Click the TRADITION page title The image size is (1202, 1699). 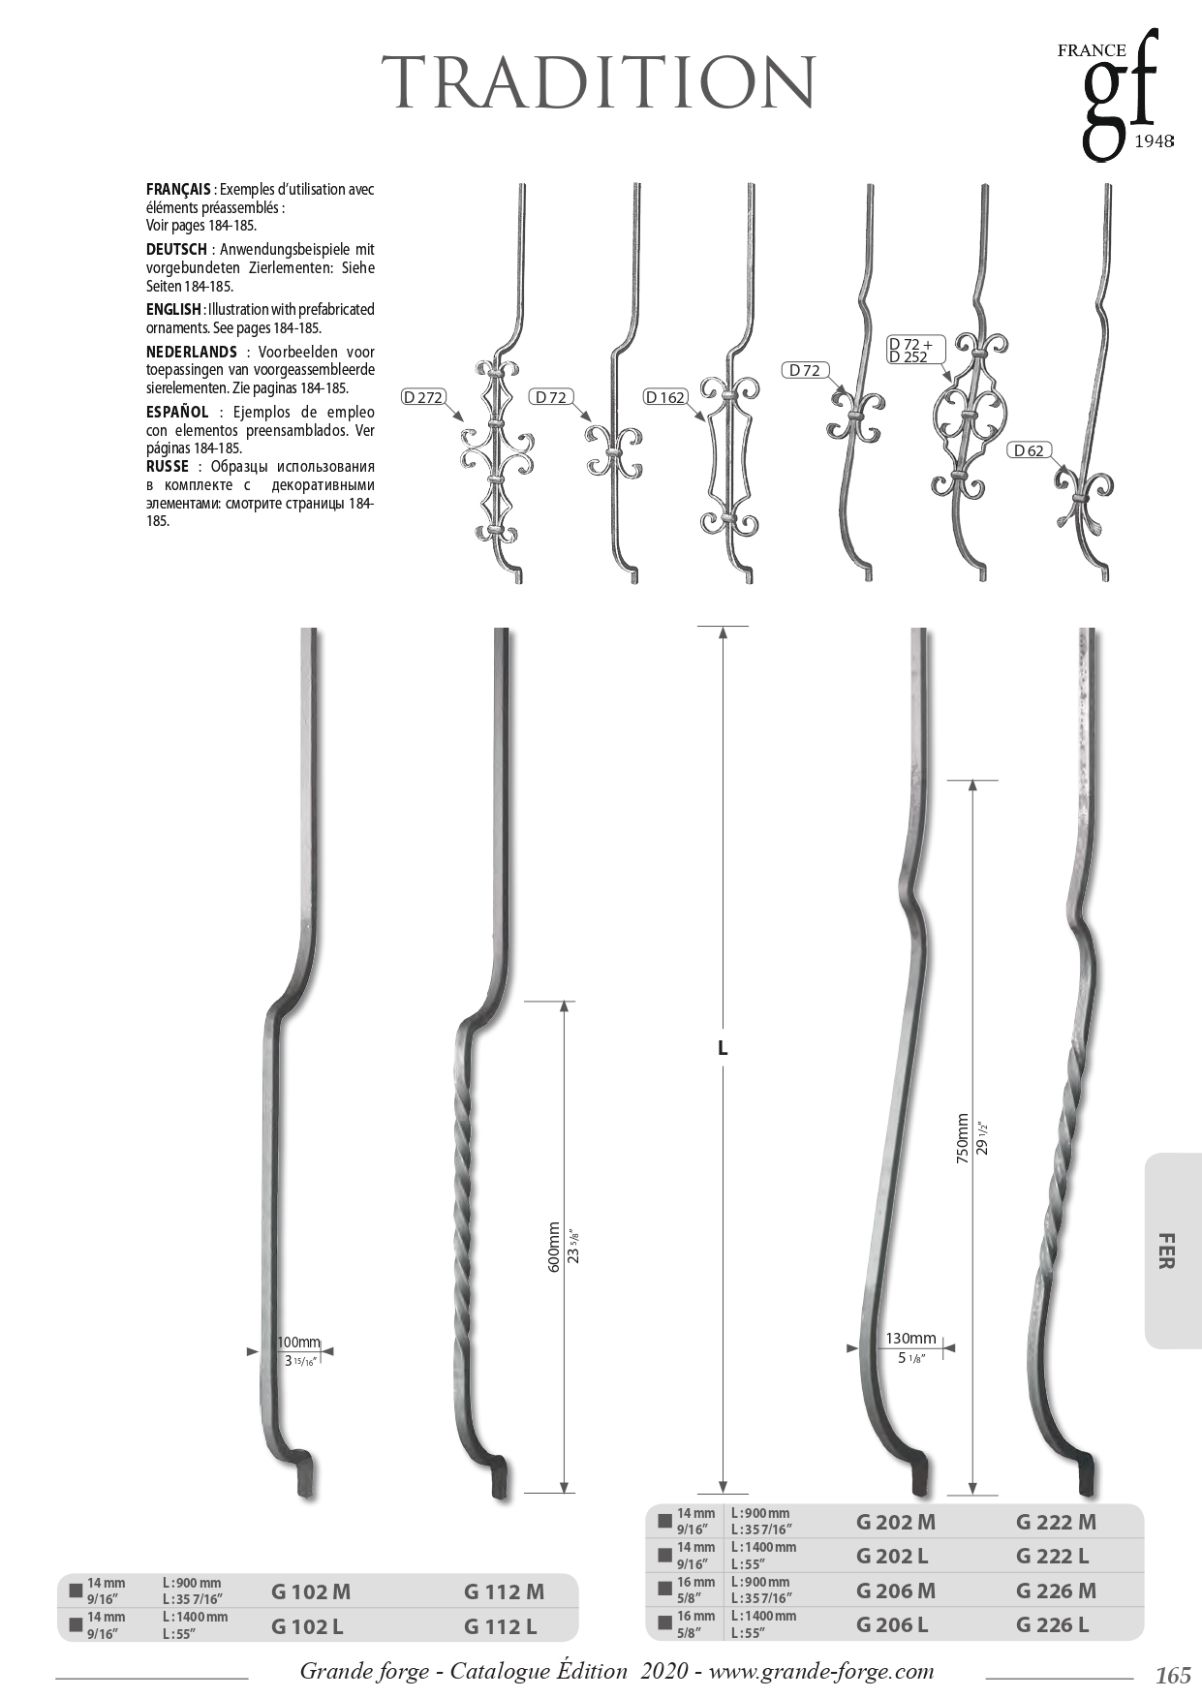pyautogui.click(x=601, y=82)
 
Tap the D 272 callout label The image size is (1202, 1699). pyautogui.click(x=422, y=397)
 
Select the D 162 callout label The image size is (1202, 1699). pyautogui.click(x=665, y=397)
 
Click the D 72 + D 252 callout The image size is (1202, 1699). pyautogui.click(x=910, y=351)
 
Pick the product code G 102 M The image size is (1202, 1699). pyautogui.click(x=311, y=1591)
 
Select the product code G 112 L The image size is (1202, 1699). pyautogui.click(x=500, y=1626)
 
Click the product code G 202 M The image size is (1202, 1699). pyautogui.click(x=896, y=1522)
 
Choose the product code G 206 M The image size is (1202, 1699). pyautogui.click(x=896, y=1591)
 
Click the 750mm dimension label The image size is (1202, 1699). pyautogui.click(x=963, y=1138)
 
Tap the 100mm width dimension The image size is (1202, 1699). pyautogui.click(x=298, y=1343)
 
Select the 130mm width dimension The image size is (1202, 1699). pyautogui.click(x=910, y=1340)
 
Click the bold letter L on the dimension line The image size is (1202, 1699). pyautogui.click(x=723, y=1048)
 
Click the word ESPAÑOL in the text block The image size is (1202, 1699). pyautogui.click(x=177, y=413)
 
